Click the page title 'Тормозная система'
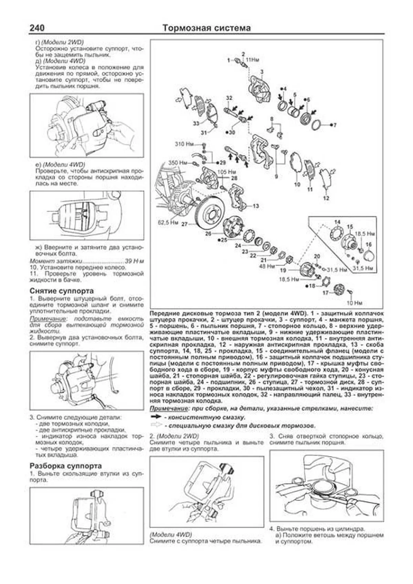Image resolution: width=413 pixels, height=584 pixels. pyautogui.click(x=206, y=28)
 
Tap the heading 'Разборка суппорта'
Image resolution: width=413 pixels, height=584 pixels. pyautogui.click(x=65, y=466)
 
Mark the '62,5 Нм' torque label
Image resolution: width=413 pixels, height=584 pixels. pyautogui.click(x=168, y=223)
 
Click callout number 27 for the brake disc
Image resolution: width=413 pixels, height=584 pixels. pyautogui.click(x=185, y=224)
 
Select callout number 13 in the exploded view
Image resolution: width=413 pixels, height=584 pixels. pyautogui.click(x=255, y=206)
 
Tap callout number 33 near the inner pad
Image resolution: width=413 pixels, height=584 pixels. pyautogui.click(x=195, y=124)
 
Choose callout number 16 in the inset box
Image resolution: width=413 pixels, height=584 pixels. pyautogui.click(x=369, y=245)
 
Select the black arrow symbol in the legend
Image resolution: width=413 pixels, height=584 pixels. pyautogui.click(x=156, y=417)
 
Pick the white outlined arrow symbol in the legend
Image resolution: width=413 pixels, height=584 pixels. pyautogui.click(x=156, y=425)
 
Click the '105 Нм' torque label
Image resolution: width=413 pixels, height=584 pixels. pyautogui.click(x=227, y=171)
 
